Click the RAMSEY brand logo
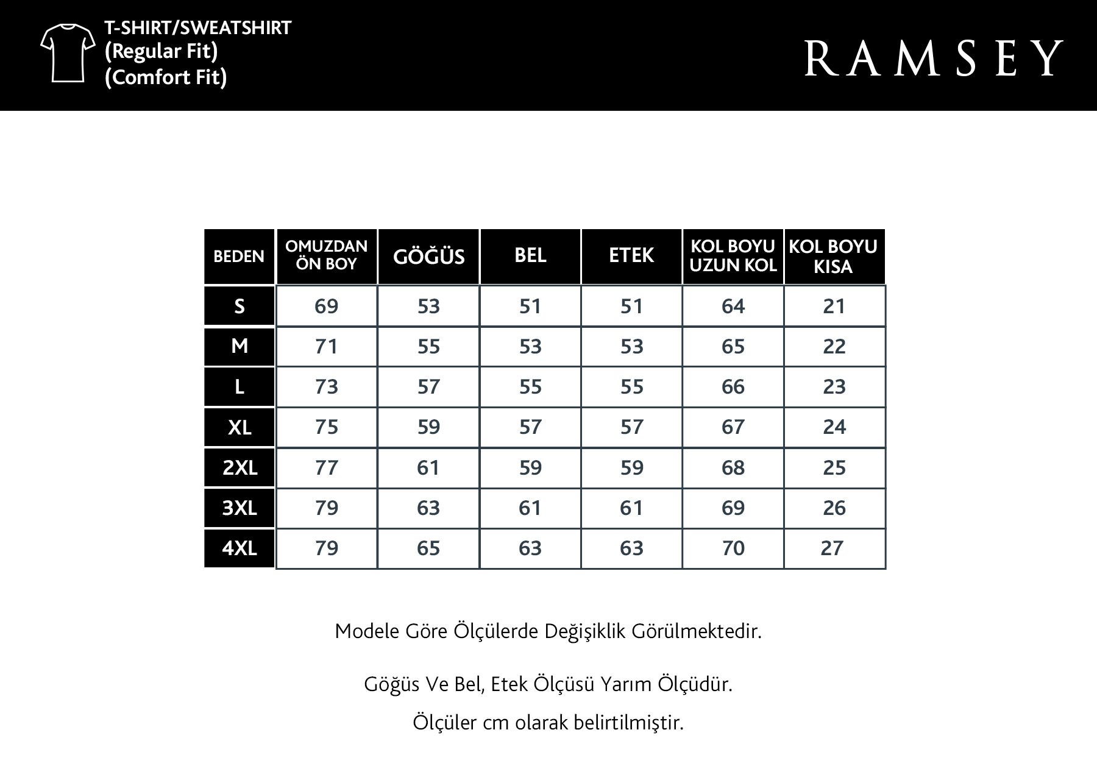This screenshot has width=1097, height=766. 934,59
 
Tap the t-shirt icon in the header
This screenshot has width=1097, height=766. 68,53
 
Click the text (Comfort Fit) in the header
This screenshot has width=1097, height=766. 166,77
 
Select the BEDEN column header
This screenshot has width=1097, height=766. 239,257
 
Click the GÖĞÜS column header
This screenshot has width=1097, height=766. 428,257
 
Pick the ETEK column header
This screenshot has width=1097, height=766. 631,255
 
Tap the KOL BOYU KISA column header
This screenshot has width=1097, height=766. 833,257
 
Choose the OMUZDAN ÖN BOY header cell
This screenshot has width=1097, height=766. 326,255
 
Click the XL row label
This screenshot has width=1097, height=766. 240,427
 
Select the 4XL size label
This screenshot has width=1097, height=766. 240,548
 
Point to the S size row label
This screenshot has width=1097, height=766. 240,306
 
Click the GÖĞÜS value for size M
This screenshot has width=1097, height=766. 428,346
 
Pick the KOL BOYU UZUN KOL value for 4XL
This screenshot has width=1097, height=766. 733,548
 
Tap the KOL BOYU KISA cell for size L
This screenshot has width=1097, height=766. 834,386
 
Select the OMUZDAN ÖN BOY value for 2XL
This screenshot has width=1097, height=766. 326,467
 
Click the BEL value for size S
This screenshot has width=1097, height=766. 530,306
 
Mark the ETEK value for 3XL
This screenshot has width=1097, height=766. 631,508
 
